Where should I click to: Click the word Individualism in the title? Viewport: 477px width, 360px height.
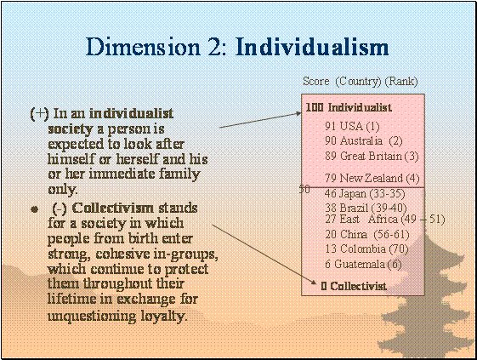(x=312, y=47)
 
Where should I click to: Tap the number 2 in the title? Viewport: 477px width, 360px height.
(x=216, y=48)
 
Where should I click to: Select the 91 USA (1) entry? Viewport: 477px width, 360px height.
(x=352, y=126)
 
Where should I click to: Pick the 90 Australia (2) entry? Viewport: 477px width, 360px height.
(x=364, y=140)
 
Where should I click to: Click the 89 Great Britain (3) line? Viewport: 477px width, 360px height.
(x=372, y=156)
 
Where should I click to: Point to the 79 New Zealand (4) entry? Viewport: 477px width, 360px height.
(x=372, y=178)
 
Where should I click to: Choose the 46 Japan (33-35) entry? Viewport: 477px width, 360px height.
(x=365, y=194)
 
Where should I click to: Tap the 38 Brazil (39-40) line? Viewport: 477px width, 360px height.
(x=366, y=208)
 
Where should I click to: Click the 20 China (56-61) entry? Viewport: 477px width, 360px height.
(x=366, y=234)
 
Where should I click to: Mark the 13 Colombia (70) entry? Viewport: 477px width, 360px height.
(x=366, y=249)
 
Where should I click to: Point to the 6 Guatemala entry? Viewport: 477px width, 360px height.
(x=363, y=264)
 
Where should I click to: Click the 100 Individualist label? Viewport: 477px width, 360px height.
(x=349, y=107)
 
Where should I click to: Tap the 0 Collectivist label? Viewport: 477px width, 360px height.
(x=354, y=286)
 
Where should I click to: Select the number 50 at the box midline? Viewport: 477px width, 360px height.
(x=304, y=189)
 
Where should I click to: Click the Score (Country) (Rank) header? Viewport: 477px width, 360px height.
(x=361, y=82)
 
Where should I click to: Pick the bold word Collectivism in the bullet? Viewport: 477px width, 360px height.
(x=113, y=208)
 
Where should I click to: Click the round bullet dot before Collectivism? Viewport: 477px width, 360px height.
(x=35, y=209)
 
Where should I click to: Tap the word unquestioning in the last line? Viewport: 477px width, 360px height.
(x=92, y=316)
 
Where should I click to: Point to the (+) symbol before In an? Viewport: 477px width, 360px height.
(x=40, y=114)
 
